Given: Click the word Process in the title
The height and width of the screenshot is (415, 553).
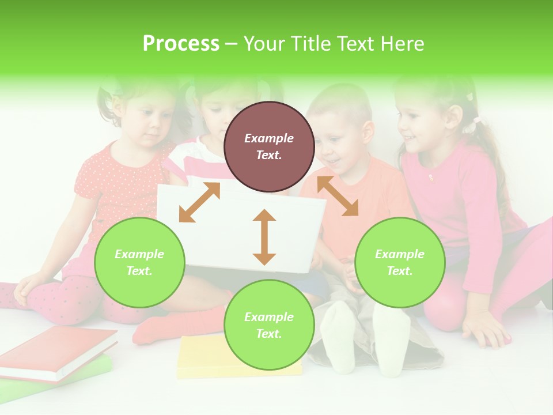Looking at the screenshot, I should point(181,44).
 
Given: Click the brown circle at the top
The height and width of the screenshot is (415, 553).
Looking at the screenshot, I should point(269,146).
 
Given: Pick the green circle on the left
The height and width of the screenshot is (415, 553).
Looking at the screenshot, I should point(139,262).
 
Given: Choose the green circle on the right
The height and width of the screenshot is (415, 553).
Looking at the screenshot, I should point(400,262).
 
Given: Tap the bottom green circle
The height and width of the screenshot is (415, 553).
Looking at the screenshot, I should point(269,325).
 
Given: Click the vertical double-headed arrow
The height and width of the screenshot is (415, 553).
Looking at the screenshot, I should point(264,237).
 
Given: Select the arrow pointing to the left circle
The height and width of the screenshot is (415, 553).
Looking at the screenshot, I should point(199,202).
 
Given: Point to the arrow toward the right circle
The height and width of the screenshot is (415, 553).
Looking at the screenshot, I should point(338,196).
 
